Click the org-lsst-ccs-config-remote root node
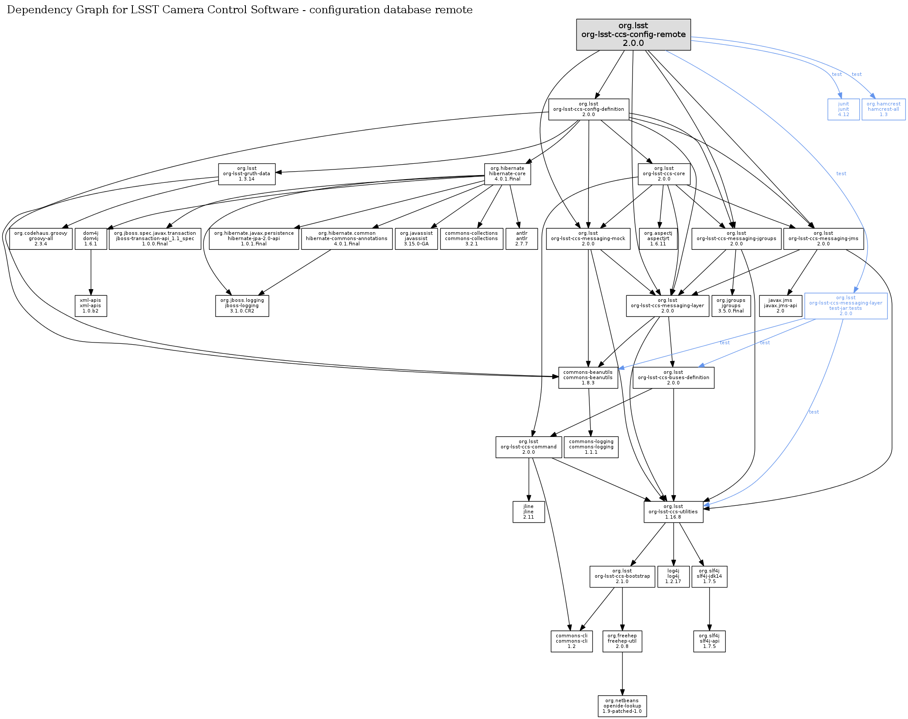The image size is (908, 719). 633,34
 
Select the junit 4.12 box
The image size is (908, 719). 843,109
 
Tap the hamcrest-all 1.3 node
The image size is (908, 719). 883,109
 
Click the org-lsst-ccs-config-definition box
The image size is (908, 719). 588,109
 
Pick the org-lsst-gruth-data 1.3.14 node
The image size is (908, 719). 246,174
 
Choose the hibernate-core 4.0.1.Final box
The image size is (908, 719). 507,174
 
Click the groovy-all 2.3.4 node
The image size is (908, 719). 41,239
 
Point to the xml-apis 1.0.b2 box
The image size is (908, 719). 90,306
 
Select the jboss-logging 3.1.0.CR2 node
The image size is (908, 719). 242,306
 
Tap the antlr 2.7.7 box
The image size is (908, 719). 521,239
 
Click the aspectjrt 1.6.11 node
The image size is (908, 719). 658,239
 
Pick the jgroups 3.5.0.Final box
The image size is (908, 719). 731,306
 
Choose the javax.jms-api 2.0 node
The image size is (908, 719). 780,306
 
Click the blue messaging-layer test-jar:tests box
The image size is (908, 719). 845,306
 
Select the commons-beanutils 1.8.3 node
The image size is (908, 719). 588,378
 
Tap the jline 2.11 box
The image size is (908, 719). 528,512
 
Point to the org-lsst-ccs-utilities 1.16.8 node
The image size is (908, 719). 673,512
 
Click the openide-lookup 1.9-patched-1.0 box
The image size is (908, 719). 622,706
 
